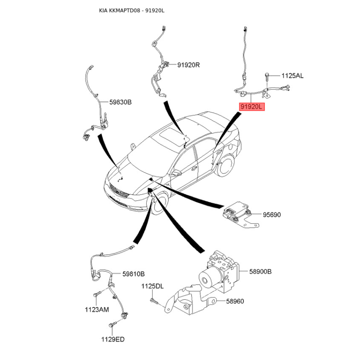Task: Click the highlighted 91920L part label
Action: tap(252, 107)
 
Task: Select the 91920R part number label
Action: tap(189, 65)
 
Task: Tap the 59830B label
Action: tap(121, 102)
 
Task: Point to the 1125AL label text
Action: tap(292, 76)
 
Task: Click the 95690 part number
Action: tap(272, 215)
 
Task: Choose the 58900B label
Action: tap(261, 272)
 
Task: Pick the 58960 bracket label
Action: tap(235, 301)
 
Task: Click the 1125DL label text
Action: tap(152, 286)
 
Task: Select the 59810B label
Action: tap(133, 274)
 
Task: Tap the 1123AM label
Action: tap(97, 310)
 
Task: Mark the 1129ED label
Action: tap(113, 339)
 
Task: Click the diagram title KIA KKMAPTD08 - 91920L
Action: tap(132, 10)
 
